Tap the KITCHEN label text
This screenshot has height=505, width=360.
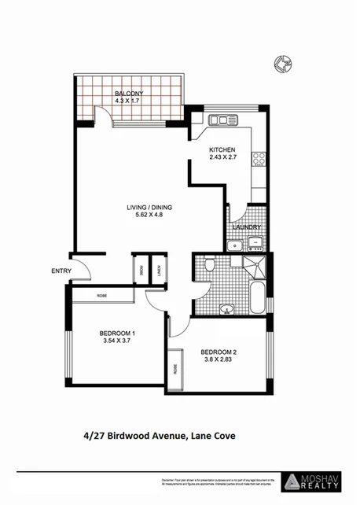(222, 149)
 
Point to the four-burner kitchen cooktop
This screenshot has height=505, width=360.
(258, 160)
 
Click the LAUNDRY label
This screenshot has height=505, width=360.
(247, 227)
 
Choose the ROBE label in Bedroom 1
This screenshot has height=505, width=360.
(102, 295)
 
